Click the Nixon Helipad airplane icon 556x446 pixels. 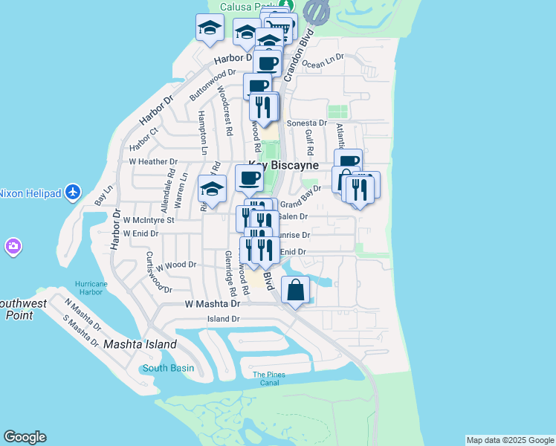click(x=72, y=193)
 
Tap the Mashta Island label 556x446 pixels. click(x=140, y=344)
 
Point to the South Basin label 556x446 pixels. click(x=169, y=368)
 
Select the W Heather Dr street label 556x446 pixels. click(x=153, y=161)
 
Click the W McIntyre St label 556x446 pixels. click(x=149, y=220)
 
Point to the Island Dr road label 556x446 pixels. click(x=224, y=319)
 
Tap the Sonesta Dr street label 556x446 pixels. click(x=307, y=123)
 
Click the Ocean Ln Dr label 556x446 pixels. click(x=324, y=56)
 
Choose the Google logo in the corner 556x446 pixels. click(x=25, y=437)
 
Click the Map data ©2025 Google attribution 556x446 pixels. click(x=510, y=440)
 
